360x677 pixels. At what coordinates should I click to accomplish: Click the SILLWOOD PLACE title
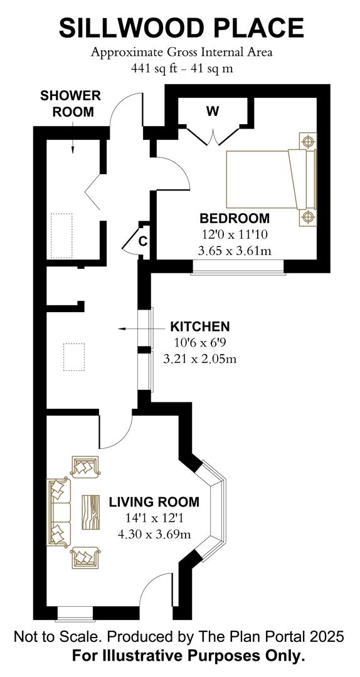pos(181,28)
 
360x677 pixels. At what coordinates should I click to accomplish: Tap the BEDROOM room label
pos(234,219)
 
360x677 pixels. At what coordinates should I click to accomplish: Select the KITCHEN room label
pos(199,327)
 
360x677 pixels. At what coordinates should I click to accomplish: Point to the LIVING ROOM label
pos(154,502)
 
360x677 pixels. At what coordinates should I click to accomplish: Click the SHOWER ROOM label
pos(70,103)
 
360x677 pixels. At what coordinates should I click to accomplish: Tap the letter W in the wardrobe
pos(212,112)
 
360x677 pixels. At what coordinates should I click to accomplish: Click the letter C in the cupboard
pos(142,242)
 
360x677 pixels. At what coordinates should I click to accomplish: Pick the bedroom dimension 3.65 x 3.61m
pos(235,251)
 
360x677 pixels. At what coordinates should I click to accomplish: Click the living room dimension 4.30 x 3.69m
pos(154,535)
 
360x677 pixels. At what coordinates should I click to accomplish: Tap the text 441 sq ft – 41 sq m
pos(182,68)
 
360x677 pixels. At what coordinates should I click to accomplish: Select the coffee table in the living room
pos(91,512)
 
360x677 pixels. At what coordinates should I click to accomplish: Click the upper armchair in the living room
pos(85,467)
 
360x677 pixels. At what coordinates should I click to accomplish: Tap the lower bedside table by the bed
pos(308,217)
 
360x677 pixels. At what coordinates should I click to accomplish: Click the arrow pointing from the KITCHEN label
pos(142,329)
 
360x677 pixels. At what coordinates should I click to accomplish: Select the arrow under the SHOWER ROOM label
pos(73,137)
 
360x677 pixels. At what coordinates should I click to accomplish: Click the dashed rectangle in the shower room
pos(61,236)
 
